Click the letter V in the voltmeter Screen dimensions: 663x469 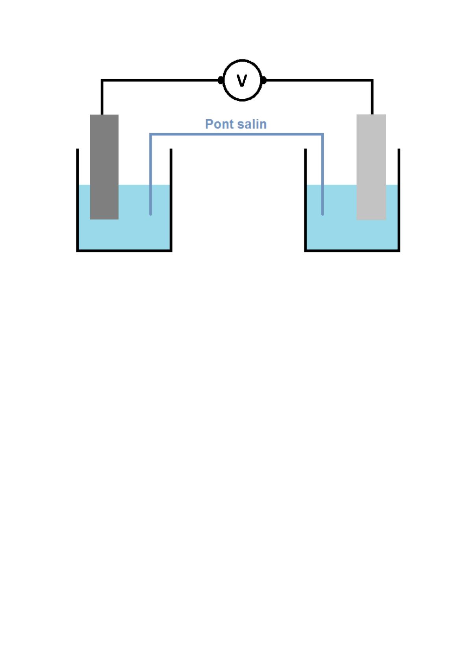242,81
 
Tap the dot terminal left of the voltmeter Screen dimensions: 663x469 221,80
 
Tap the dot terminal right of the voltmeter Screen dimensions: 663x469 263,80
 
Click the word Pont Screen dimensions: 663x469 219,124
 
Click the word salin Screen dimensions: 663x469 252,124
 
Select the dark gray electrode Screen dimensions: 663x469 104,167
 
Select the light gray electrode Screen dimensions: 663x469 371,167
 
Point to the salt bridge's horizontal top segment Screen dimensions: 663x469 236,134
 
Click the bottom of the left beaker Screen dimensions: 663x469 124,250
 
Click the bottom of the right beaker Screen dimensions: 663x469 352,250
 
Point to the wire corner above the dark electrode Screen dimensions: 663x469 102,80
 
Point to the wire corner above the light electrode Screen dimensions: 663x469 372,80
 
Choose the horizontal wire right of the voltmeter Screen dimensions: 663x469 319,80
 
